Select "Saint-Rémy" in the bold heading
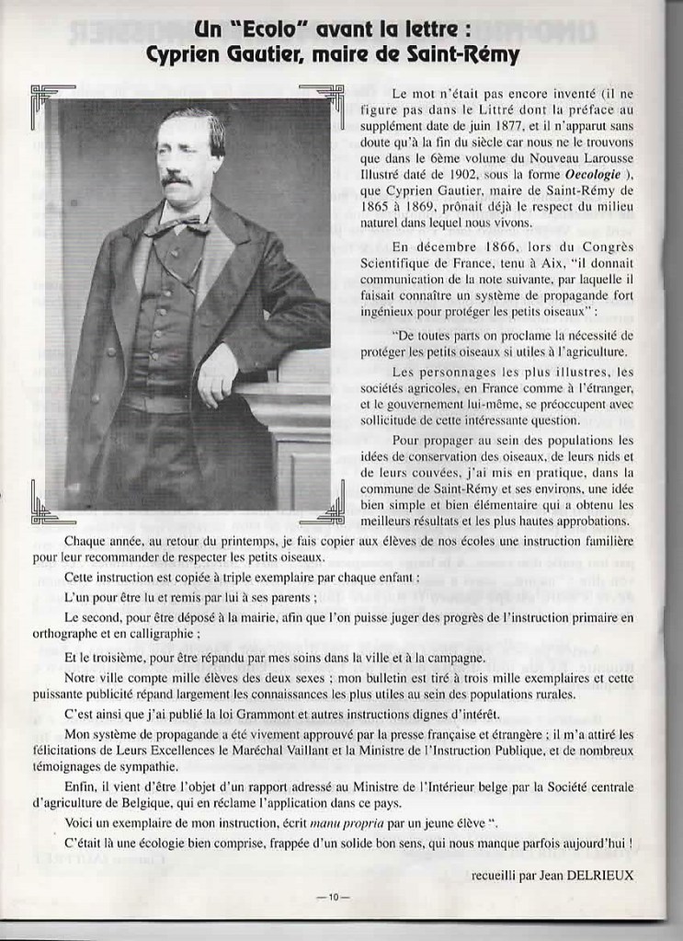[x=468, y=57]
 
